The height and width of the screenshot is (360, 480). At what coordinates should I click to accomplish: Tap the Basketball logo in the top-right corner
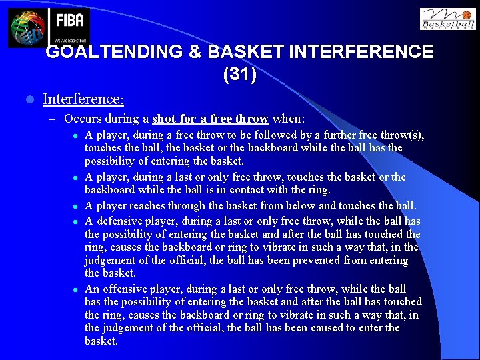(448, 20)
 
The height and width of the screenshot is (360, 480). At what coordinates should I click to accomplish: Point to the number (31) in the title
(239, 74)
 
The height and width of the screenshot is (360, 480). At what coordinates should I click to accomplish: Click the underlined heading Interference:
(83, 99)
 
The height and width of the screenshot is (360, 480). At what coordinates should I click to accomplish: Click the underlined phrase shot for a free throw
(210, 119)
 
